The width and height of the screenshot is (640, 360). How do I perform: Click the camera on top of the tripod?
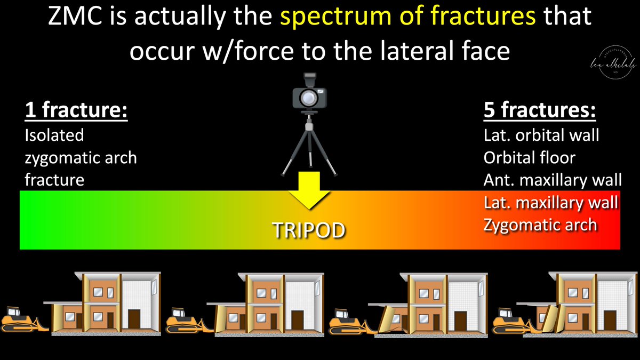[309, 96]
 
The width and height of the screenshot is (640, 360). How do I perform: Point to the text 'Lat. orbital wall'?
[541, 135]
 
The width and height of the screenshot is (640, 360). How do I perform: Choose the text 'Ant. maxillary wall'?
[553, 180]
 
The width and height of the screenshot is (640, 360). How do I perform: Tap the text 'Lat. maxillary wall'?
[551, 203]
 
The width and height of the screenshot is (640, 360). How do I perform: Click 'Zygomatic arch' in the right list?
[540, 225]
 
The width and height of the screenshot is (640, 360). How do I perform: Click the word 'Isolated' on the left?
[54, 135]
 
